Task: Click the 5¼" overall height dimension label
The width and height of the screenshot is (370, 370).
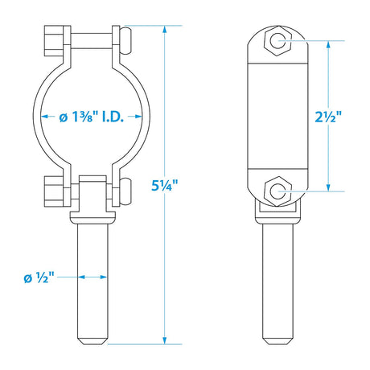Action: pyautogui.click(x=165, y=184)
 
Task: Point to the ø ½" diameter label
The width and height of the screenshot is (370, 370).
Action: pyautogui.click(x=39, y=277)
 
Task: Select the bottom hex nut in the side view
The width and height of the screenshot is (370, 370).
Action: pyautogui.click(x=277, y=191)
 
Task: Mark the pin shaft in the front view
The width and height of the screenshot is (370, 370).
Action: pyautogui.click(x=92, y=282)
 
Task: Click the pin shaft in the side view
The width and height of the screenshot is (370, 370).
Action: pyautogui.click(x=277, y=282)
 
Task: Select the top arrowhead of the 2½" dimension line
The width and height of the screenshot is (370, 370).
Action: pyautogui.click(x=327, y=45)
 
